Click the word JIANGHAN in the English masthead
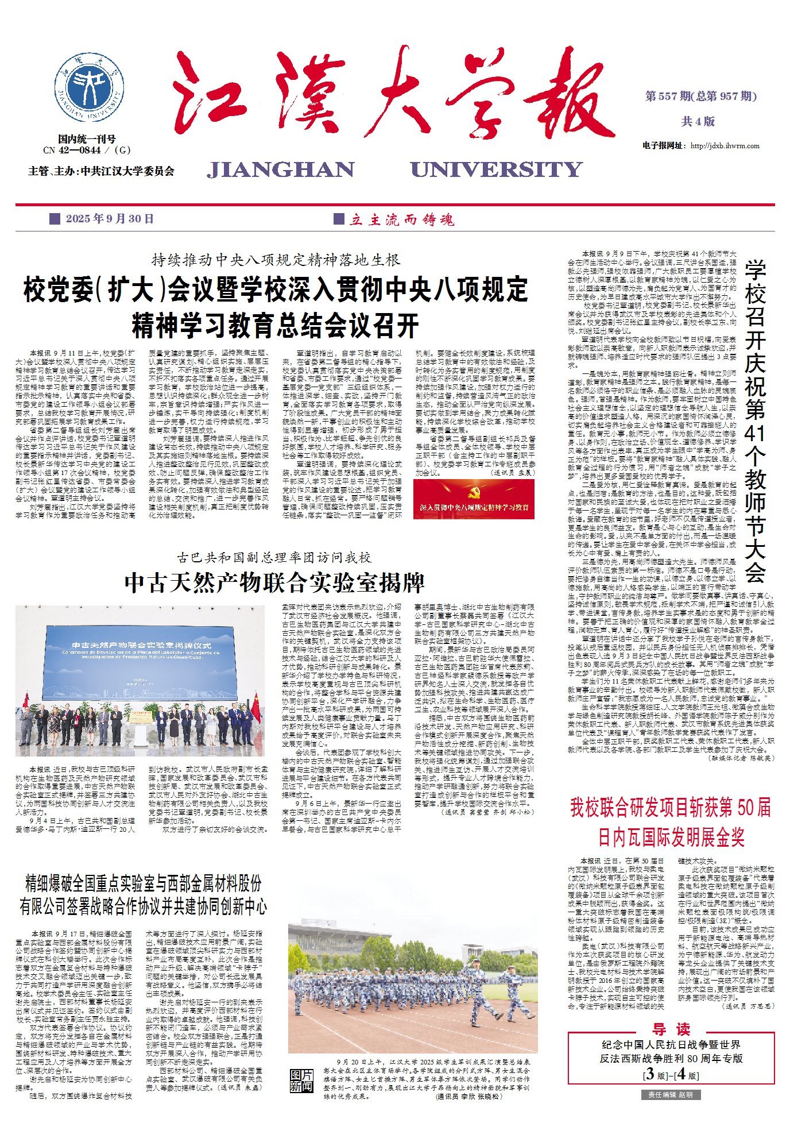281,169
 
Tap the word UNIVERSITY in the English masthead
496,169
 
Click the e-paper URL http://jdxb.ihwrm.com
725,146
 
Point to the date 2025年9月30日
110,219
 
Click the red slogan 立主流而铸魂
401,219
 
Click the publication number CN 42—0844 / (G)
87,150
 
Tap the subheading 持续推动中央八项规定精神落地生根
276,260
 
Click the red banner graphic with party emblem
474,499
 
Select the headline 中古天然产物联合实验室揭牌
274,583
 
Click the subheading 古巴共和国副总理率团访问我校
274,557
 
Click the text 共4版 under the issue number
698,121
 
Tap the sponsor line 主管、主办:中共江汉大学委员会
101,171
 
